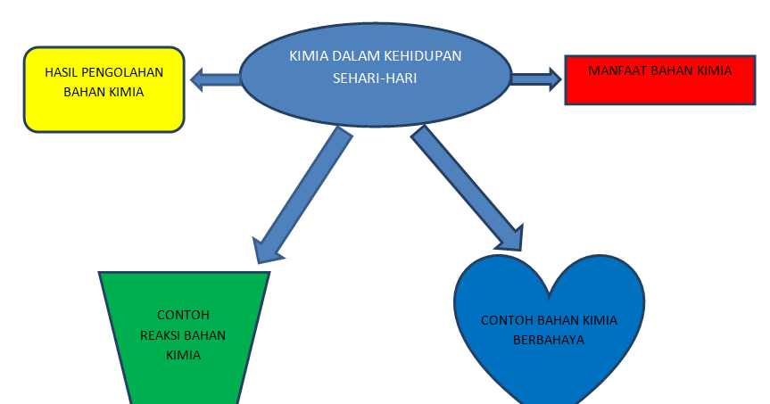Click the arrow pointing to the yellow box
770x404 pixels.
[x=214, y=80]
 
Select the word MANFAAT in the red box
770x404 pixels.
[x=617, y=70]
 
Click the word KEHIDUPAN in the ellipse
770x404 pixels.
[x=423, y=56]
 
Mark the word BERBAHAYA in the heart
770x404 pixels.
[x=549, y=339]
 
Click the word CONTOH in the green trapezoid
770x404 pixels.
[x=183, y=315]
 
